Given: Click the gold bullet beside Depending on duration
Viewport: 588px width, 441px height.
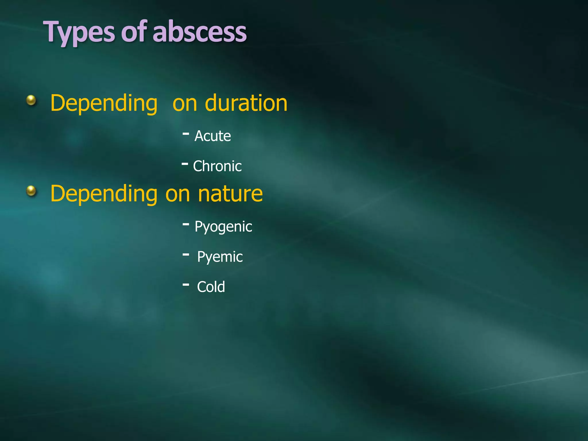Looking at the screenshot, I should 31,100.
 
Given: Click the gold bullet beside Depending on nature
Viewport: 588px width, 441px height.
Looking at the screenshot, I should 31,191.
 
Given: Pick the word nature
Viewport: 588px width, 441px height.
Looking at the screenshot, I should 230,194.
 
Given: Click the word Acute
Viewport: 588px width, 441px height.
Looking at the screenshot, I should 212,136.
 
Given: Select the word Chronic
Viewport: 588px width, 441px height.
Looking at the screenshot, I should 217,166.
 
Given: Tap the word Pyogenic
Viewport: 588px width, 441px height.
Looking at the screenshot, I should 223,227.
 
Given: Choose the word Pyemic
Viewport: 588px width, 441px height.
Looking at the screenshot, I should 220,257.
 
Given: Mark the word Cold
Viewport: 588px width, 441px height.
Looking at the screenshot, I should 211,287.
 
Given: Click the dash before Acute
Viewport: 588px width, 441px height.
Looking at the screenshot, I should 186,134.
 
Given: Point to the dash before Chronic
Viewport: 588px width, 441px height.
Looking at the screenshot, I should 185,164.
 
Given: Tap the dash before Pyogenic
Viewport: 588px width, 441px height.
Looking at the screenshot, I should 186,224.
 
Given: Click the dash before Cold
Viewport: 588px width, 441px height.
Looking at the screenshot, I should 186,285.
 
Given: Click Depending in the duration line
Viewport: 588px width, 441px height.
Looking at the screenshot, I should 104,103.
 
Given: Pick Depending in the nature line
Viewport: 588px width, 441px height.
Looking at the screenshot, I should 104,194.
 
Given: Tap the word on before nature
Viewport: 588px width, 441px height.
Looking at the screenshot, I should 177,194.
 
